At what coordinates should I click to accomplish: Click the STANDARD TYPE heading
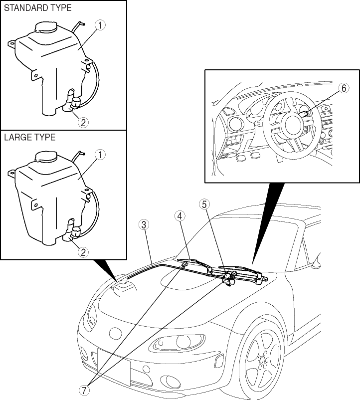point(38,8)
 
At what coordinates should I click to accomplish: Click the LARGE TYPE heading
point(29,137)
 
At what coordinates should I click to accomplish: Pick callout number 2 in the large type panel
point(84,252)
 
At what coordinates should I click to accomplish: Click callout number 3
point(144,224)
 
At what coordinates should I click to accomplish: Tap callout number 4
point(180,215)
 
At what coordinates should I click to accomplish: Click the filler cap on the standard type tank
point(45,28)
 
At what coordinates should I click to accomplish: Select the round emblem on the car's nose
point(116,332)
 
